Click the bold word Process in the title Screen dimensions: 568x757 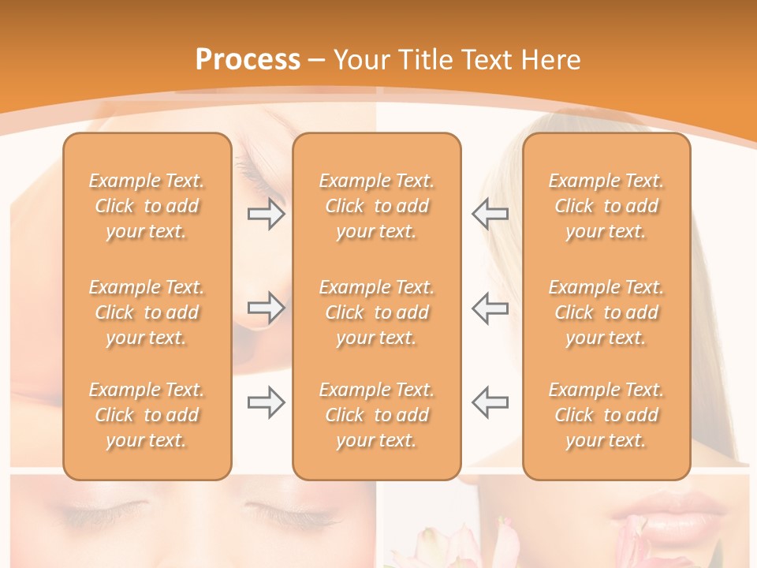click(x=248, y=59)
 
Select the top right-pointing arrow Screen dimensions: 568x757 click(x=266, y=214)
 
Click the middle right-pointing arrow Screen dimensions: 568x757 click(x=266, y=308)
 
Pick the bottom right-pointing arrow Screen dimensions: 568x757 click(x=266, y=402)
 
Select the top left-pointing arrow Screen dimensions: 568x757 click(x=490, y=214)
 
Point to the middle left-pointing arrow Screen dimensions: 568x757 click(x=490, y=308)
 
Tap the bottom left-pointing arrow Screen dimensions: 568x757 click(x=490, y=402)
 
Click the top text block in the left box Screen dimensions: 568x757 click(x=147, y=206)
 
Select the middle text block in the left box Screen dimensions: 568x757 click(x=147, y=312)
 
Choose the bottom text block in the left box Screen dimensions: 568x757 click(x=147, y=415)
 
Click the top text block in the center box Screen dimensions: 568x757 click(x=376, y=206)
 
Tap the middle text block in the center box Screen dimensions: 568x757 click(x=376, y=312)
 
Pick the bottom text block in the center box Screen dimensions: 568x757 click(x=376, y=415)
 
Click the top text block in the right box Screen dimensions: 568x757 click(x=606, y=206)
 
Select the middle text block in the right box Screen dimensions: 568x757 click(x=606, y=312)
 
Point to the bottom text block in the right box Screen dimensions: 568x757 click(x=606, y=415)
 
